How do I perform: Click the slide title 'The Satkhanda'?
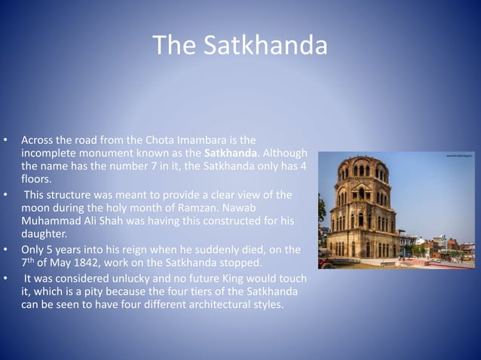point(240,46)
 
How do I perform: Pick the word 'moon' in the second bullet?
point(37,208)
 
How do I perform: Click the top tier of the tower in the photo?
point(360,169)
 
